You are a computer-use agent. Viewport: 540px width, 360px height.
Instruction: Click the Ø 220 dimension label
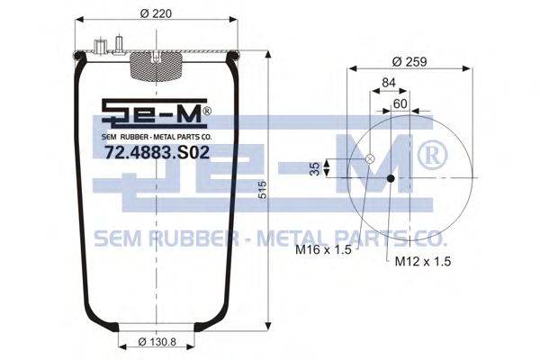(156, 13)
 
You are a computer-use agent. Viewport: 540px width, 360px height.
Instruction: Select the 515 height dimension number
(263, 190)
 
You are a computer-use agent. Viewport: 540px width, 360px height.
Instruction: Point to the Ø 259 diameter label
(409, 62)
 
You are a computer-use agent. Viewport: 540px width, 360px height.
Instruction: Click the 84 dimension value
(389, 83)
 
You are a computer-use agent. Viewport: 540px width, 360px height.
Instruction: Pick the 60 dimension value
(400, 103)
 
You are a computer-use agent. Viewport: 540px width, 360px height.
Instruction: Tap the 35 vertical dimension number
(315, 168)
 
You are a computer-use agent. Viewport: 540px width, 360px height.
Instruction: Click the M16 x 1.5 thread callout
(323, 249)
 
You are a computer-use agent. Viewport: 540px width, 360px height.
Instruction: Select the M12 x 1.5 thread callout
(423, 262)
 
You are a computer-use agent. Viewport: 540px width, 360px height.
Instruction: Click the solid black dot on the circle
(391, 178)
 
